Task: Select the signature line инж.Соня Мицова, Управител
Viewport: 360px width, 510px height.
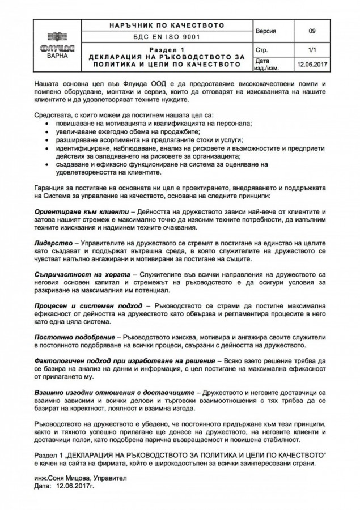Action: pos(80,478)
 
